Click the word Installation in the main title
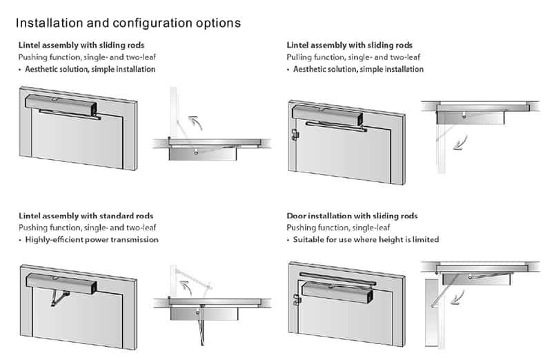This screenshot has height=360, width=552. pos(49,23)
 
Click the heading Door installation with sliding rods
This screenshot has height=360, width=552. pos(352,216)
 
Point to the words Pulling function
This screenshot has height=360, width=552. pos(314,57)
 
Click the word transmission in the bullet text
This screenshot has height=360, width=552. pos(133,239)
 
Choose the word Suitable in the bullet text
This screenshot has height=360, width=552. pos(310,239)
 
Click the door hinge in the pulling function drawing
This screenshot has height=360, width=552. pos(294,134)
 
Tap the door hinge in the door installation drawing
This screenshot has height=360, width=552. pos(296,299)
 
